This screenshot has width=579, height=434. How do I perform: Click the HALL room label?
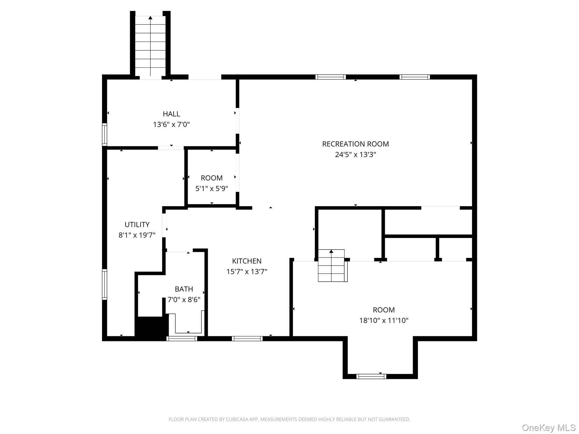point(171,114)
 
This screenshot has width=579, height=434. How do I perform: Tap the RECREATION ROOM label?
point(355,144)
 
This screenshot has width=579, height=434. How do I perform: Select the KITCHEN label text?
point(247,261)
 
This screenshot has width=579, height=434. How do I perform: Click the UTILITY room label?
point(137,225)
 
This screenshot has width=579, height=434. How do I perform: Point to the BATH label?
point(184,289)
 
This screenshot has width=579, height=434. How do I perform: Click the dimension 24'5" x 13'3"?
point(355,155)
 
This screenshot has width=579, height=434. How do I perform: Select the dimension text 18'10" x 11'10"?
point(384,320)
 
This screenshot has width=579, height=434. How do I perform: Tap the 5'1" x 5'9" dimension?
point(212,188)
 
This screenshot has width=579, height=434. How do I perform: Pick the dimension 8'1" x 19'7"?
point(137,235)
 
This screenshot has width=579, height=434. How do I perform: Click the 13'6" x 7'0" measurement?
point(171,124)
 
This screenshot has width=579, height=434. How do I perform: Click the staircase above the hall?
point(150,46)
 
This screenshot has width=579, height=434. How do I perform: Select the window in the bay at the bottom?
point(371,376)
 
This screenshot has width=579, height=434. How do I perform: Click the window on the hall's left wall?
point(105,134)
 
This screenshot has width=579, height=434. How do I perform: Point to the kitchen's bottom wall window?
point(247,338)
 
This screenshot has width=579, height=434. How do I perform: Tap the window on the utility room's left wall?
point(105,284)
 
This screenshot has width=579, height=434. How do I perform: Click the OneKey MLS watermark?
point(549,428)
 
